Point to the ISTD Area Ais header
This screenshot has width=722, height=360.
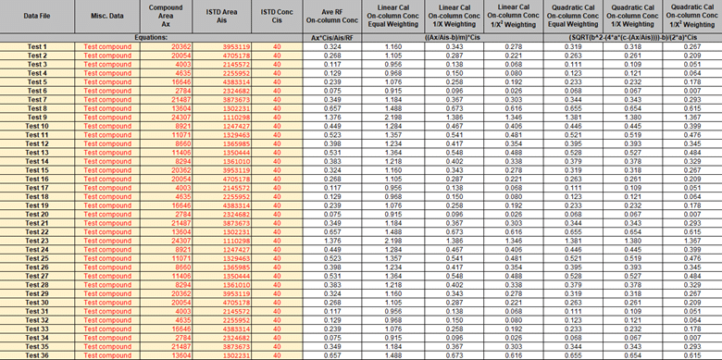(x=221, y=17)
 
